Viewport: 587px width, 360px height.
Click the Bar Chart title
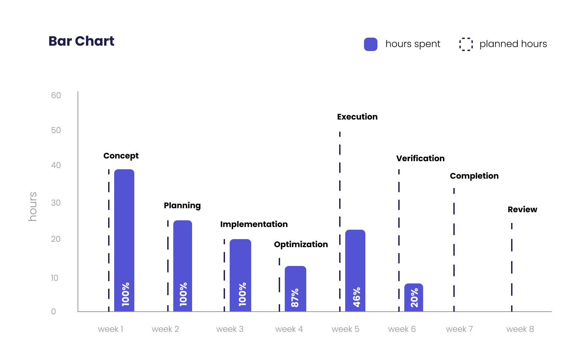81,41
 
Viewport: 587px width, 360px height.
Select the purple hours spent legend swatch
370,44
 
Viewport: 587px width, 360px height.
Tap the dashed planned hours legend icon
466,44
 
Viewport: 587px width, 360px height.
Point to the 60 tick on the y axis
56,95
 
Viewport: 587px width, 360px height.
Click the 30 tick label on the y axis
56,203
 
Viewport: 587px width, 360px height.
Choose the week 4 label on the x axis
289,329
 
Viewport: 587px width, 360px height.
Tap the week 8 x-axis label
520,329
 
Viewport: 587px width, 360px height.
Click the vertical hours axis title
33,207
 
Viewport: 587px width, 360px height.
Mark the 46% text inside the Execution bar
357,297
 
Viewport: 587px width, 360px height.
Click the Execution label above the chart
357,117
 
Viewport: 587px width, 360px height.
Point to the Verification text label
420,159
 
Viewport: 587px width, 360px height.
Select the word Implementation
254,224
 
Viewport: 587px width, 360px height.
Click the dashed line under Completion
454,249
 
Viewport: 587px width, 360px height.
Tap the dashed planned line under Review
512,265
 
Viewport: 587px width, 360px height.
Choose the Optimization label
301,244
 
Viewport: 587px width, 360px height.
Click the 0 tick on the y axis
53,312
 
